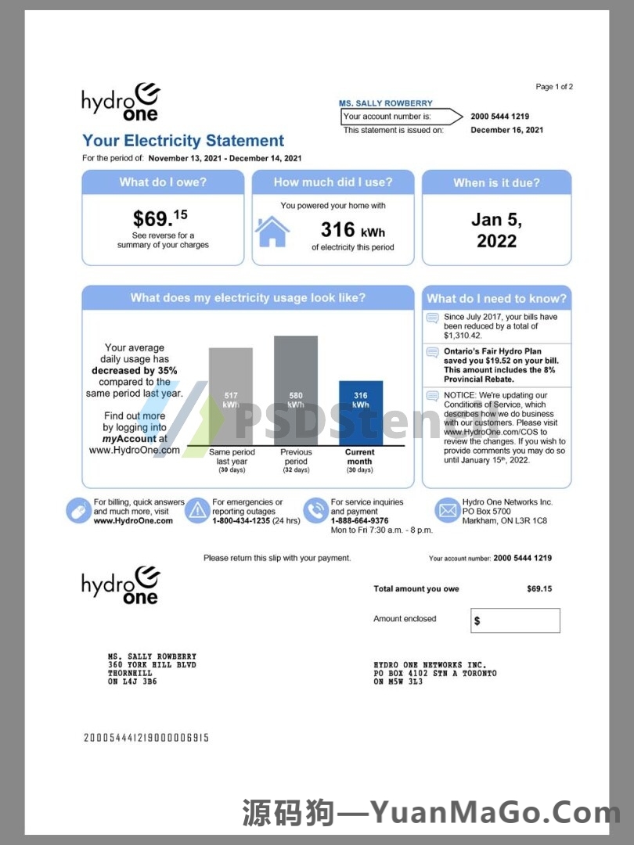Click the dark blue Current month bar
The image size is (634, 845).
[x=361, y=413]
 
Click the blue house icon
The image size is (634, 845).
[x=272, y=231]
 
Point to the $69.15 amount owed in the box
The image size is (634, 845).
[x=160, y=218]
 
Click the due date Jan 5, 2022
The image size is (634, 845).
[x=496, y=230]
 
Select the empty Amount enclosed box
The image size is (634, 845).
[x=516, y=620]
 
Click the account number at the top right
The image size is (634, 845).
[x=499, y=117]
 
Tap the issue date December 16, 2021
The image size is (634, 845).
[x=506, y=130]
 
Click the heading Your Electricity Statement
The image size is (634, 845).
[x=183, y=141]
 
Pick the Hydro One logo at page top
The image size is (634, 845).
[x=121, y=102]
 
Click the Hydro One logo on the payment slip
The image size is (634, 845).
[x=121, y=585]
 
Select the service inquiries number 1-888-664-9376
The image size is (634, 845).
[x=359, y=520]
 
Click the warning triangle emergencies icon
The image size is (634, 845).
[x=196, y=511]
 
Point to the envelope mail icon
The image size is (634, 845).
[x=447, y=511]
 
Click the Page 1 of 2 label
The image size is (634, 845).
[x=554, y=87]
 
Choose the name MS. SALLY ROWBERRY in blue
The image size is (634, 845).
[x=385, y=103]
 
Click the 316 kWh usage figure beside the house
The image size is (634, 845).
[x=353, y=230]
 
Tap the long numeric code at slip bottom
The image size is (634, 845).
[x=146, y=737]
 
